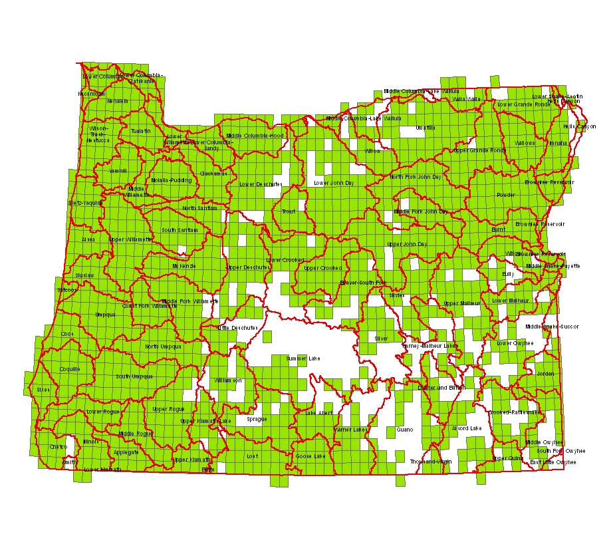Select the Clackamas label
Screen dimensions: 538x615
213,173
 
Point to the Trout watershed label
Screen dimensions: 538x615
289,211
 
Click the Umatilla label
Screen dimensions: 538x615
425,127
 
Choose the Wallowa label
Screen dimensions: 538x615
524,143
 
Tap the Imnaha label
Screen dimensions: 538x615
558,142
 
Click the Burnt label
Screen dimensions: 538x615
499,229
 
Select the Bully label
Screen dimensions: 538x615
508,273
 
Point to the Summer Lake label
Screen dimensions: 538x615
303,358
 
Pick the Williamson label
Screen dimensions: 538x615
228,380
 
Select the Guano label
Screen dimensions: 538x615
404,430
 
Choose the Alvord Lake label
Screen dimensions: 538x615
467,428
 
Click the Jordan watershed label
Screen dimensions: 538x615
545,374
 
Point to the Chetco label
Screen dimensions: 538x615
58,447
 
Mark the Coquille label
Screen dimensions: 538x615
69,369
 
